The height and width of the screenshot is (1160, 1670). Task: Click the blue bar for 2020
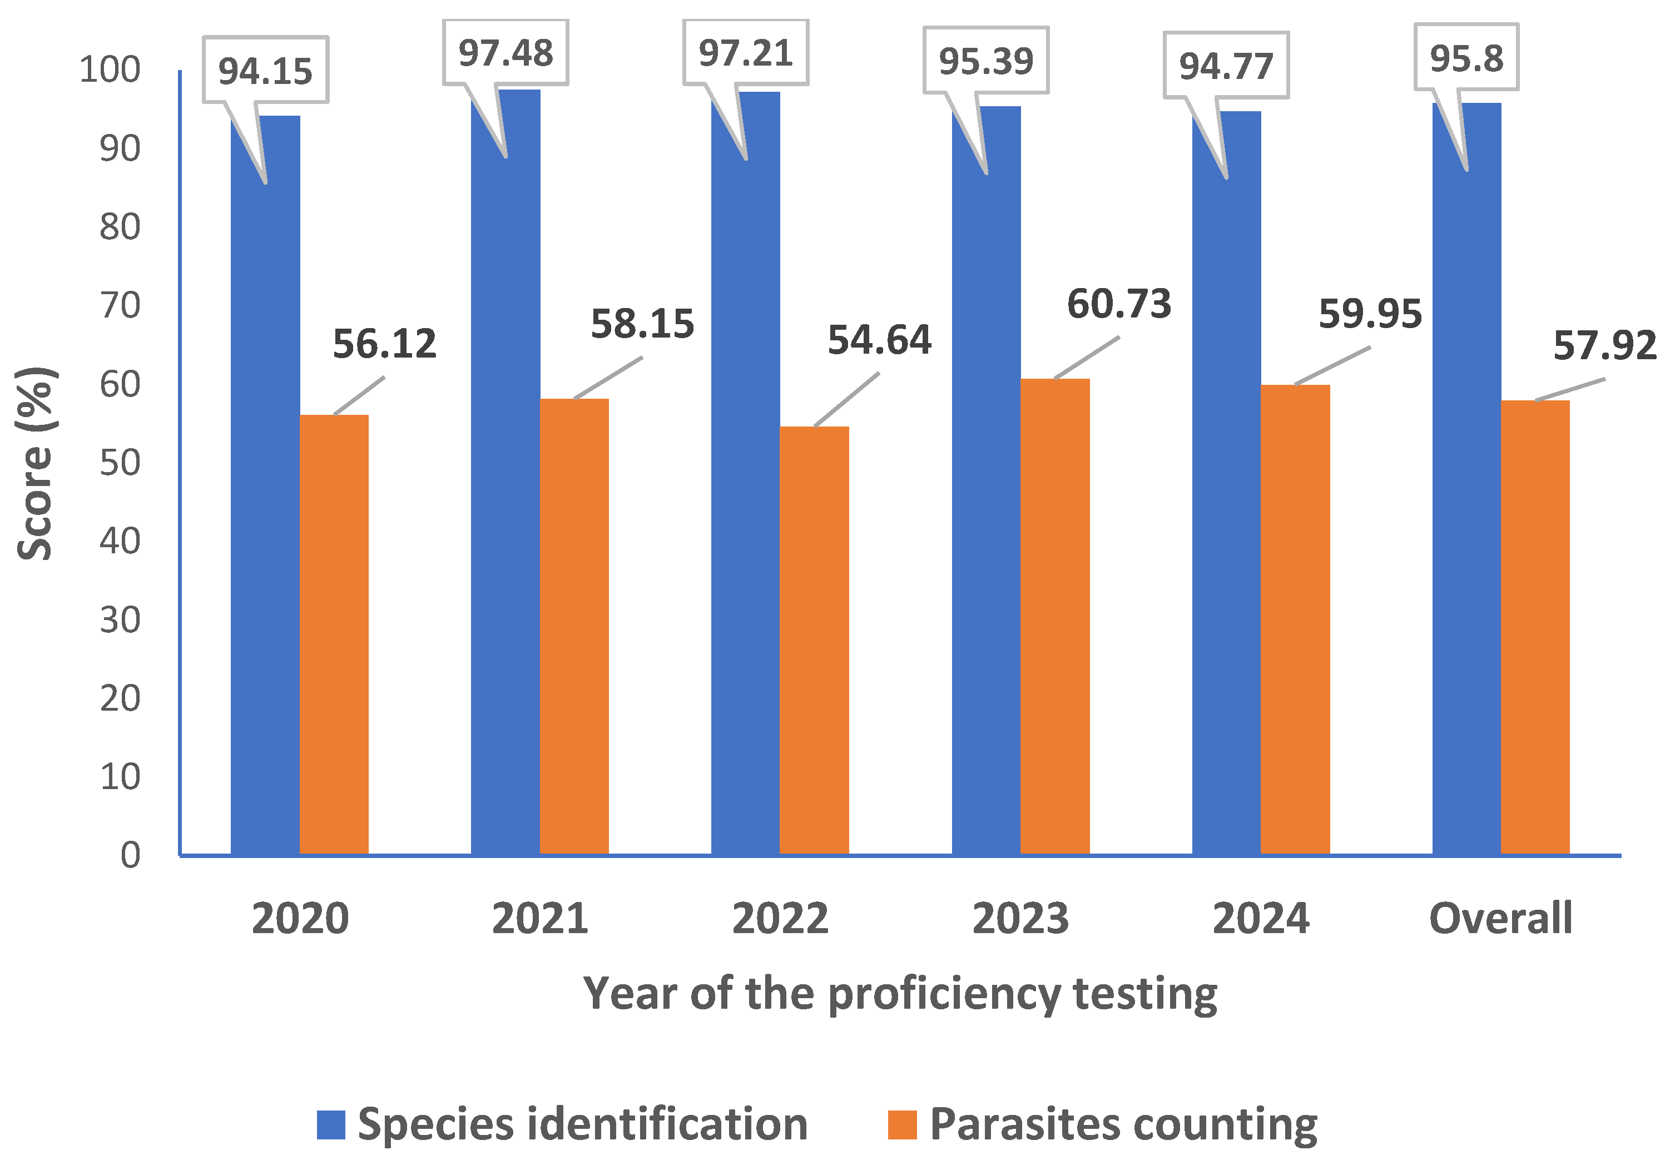click(265, 509)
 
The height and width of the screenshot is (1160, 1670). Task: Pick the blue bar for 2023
click(986, 509)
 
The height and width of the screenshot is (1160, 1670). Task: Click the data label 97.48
click(506, 53)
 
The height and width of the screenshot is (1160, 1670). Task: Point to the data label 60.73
click(1119, 304)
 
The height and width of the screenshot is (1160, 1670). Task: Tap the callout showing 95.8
click(1466, 58)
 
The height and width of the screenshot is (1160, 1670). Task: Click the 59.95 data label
click(1370, 314)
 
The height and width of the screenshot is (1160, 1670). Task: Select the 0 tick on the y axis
click(131, 855)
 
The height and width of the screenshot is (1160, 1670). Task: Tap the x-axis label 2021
click(540, 919)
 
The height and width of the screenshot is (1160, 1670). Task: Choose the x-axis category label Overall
click(1501, 919)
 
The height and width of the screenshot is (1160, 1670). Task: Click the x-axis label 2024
click(1261, 919)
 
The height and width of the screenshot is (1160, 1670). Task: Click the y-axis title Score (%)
click(35, 464)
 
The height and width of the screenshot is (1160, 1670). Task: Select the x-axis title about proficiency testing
click(900, 994)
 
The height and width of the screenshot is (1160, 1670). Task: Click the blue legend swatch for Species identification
click(331, 1124)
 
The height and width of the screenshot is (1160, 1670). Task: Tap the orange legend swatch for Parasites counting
click(902, 1124)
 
